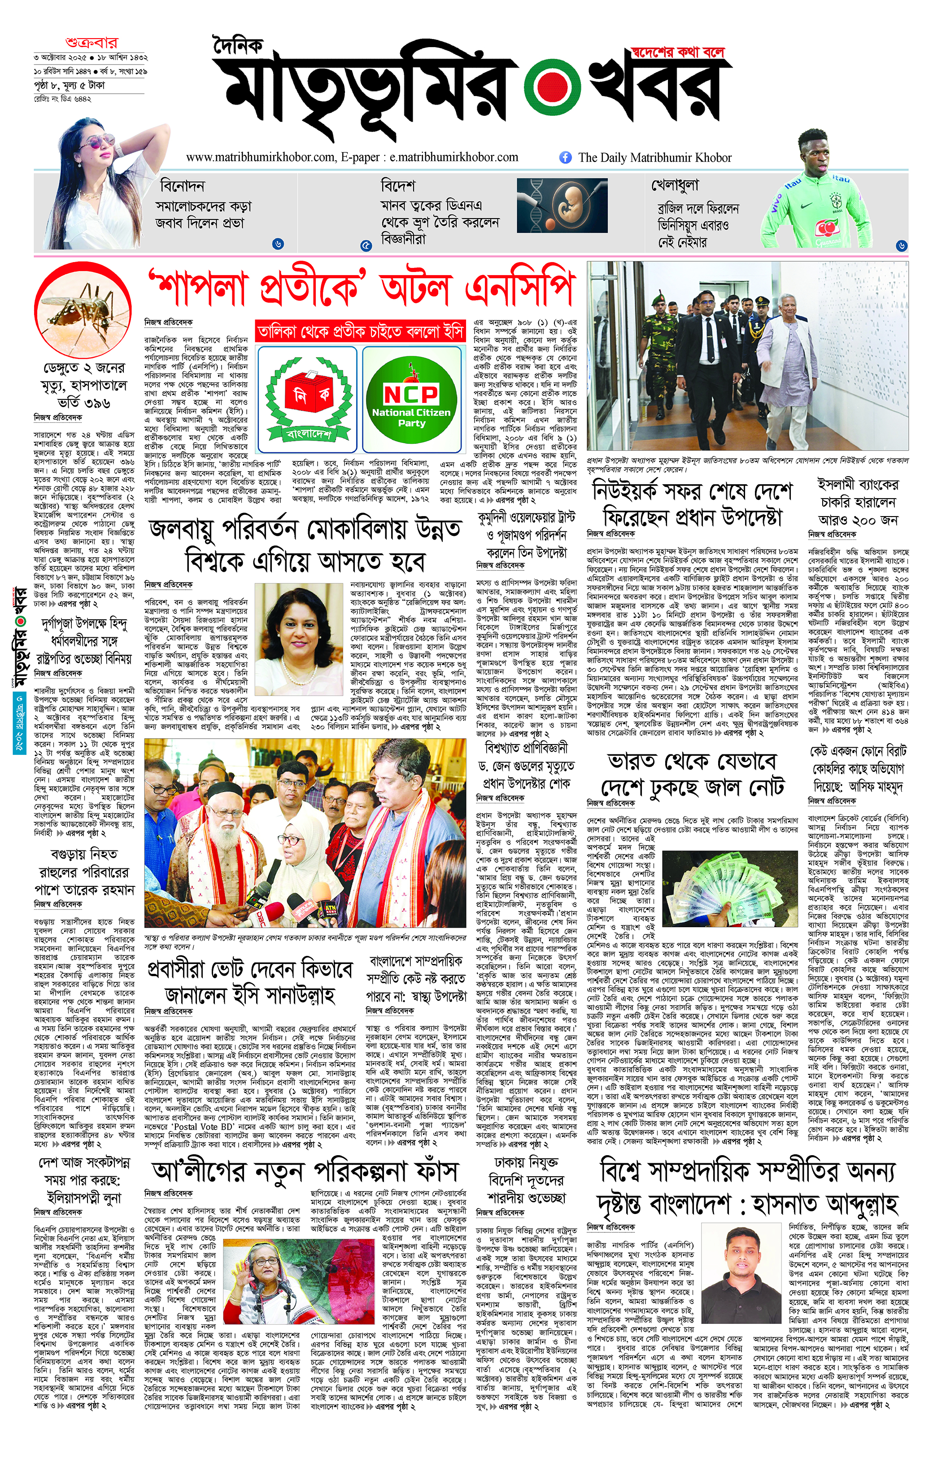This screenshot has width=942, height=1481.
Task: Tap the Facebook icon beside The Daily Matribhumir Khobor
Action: coord(565,158)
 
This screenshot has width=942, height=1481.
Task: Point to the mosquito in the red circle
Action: coord(83,314)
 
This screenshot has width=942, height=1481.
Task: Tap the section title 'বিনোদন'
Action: coord(182,186)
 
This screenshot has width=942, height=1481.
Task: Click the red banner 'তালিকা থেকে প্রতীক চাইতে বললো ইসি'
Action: coord(360,332)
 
